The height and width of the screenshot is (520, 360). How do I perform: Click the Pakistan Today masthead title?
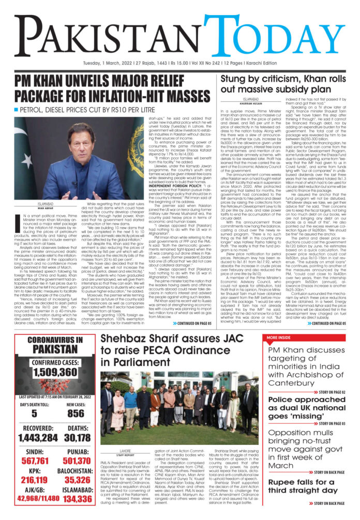coord(179,32)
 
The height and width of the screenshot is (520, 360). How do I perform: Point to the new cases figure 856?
coord(75,413)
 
